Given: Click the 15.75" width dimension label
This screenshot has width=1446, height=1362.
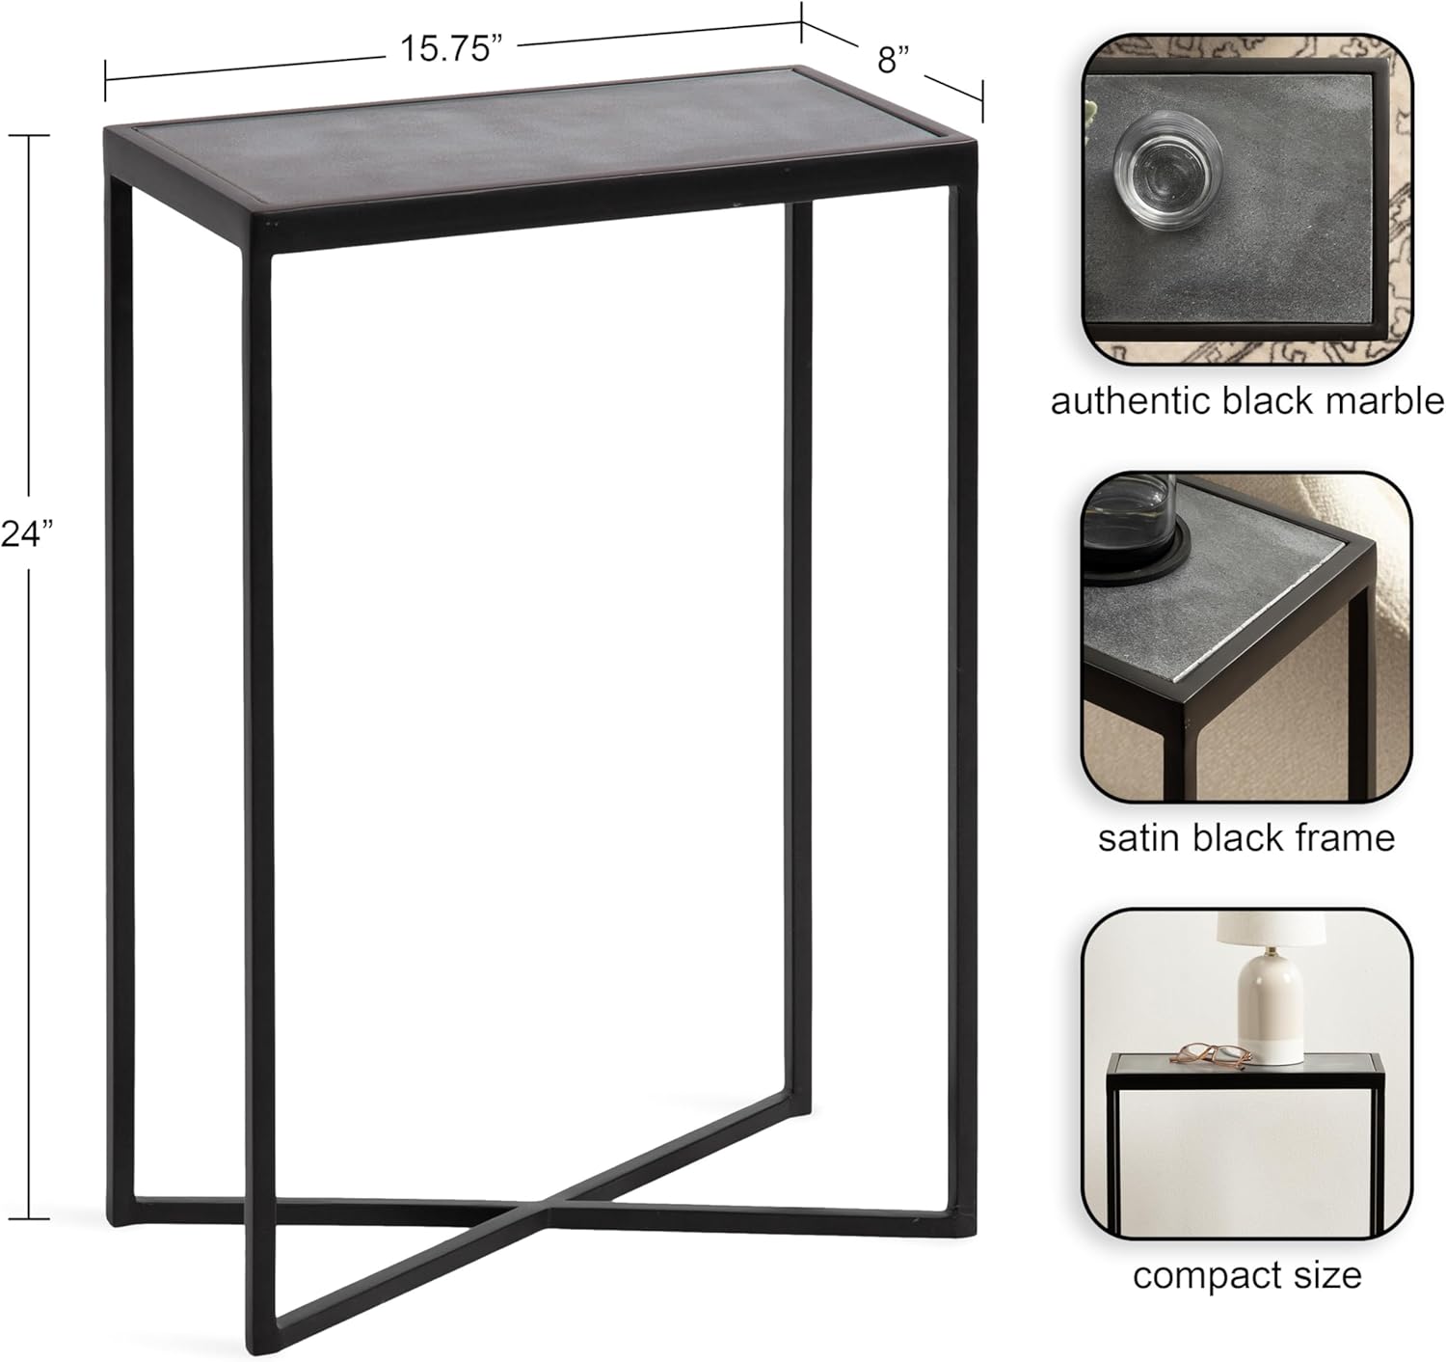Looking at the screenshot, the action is coord(451,49).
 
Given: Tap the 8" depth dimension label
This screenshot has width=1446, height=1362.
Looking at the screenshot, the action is coord(894,60).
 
